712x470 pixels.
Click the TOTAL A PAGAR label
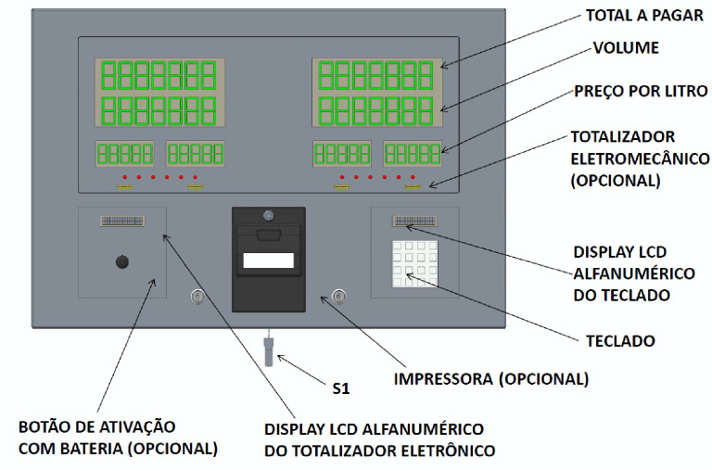point(644,16)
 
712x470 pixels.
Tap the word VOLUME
point(626,47)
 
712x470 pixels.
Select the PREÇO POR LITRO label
point(641,91)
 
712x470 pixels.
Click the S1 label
point(341,388)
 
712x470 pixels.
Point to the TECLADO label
point(620,341)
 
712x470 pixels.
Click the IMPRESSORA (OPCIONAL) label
point(490,379)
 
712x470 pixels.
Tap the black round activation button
point(122,262)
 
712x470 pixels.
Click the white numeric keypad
point(415,264)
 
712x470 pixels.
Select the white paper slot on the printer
point(268,260)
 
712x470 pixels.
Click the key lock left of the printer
point(197,297)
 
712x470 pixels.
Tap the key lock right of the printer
point(338,297)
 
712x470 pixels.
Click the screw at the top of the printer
point(268,215)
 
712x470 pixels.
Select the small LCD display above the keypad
point(415,222)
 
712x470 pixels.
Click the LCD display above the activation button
point(122,222)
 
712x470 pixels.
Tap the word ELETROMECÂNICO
point(640,159)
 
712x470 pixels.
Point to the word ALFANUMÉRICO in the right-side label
point(634,273)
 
